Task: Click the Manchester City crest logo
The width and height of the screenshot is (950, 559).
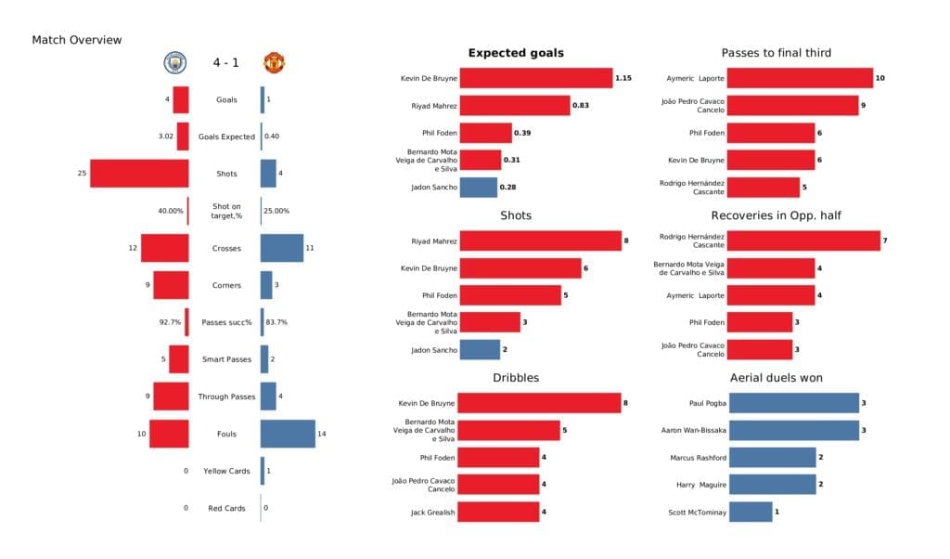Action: tap(174, 63)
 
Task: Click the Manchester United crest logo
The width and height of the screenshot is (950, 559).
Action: tap(274, 63)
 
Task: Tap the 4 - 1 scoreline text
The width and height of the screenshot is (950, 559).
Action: tap(224, 63)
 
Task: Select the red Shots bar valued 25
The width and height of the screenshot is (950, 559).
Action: tap(139, 174)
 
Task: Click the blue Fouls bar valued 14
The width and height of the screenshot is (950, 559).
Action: tap(288, 434)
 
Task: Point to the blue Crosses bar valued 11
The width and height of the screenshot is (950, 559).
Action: tap(282, 248)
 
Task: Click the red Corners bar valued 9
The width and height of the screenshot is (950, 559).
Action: tap(171, 285)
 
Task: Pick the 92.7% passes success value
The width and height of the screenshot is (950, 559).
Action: tap(170, 322)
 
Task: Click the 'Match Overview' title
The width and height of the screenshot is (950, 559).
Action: tap(76, 40)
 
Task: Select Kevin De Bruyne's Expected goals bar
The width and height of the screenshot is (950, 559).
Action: tap(535, 79)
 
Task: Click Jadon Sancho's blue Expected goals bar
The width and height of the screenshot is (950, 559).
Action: tap(478, 188)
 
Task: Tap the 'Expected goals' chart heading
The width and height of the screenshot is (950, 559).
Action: tap(515, 53)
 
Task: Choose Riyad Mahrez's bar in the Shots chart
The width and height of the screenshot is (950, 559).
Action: tap(540, 241)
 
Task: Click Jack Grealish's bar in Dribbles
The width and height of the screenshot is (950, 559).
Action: tap(499, 512)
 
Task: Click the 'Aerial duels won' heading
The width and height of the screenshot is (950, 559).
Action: tap(776, 378)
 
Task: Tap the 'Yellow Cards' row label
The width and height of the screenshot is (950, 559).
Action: tap(225, 471)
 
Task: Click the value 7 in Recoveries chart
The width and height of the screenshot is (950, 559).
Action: tap(885, 241)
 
